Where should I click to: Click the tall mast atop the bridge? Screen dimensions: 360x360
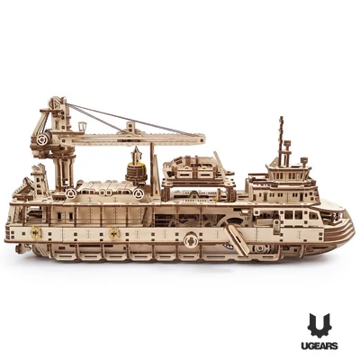[281, 138]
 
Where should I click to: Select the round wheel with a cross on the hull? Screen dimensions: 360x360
[191, 239]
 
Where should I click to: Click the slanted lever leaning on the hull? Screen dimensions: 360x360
[237, 240]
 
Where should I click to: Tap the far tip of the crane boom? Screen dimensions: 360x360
[204, 139]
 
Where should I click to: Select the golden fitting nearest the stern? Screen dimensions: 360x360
[36, 232]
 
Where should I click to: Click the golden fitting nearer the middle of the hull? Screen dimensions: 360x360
[114, 233]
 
